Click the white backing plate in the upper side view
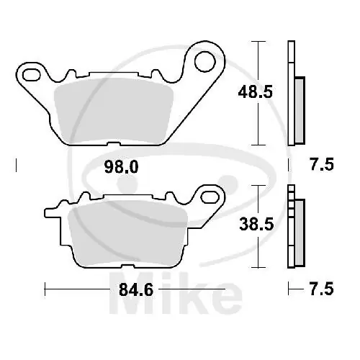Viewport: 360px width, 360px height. click(x=291, y=94)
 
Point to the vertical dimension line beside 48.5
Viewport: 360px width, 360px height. click(x=256, y=93)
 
